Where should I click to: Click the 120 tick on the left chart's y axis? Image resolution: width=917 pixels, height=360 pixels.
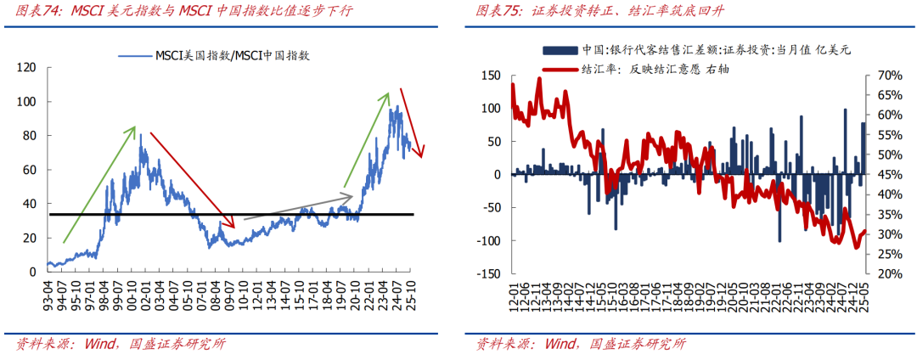pos(27,67)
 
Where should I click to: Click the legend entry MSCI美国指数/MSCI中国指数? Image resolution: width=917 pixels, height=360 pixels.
pos(222,55)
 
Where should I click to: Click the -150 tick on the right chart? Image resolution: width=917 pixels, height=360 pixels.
pos(488,274)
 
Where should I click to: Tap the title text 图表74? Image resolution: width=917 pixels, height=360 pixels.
pos(41,11)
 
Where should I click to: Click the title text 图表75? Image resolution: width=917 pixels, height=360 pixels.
pos(501,11)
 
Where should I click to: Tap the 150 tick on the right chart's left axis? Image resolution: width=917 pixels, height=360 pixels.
pos(491,76)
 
